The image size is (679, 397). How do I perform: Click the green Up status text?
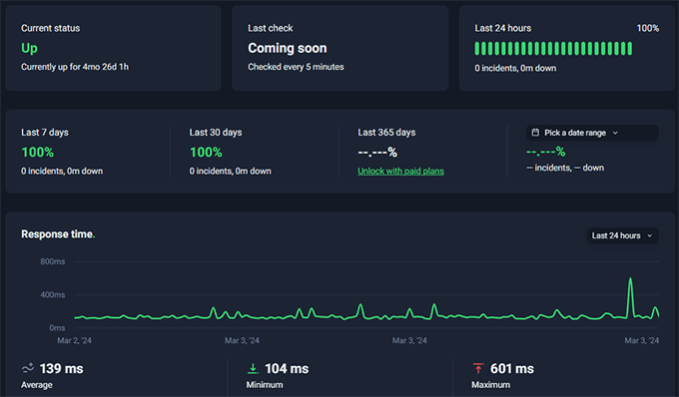[29, 48]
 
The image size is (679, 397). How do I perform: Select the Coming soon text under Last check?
[287, 48]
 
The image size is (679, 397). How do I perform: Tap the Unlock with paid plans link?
[400, 171]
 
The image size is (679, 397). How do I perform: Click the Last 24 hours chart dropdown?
[622, 235]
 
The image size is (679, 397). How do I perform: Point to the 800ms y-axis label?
[53, 261]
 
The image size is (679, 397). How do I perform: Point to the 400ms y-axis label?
[53, 294]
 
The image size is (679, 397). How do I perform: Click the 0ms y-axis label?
[57, 327]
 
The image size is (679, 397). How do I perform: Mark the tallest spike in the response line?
[630, 280]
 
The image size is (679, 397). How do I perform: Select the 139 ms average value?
[62, 368]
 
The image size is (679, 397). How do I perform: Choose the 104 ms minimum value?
[286, 368]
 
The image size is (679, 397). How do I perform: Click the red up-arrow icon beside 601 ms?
[477, 368]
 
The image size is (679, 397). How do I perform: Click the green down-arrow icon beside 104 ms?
[252, 368]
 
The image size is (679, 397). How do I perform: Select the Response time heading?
[58, 234]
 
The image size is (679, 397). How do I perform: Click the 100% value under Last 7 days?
[38, 153]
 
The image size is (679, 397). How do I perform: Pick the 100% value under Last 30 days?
[206, 153]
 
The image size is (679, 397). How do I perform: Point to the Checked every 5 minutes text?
[296, 67]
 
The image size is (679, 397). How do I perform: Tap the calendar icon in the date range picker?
[536, 133]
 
